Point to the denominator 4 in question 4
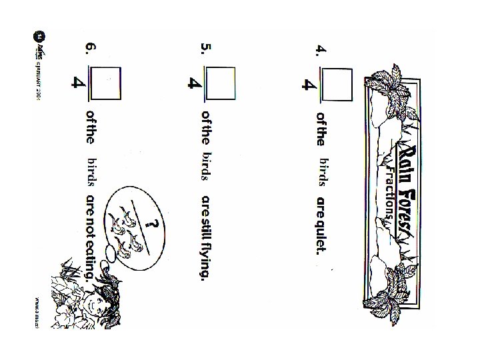click(x=308, y=85)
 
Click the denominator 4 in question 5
click(x=194, y=85)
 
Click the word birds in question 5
click(x=206, y=167)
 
